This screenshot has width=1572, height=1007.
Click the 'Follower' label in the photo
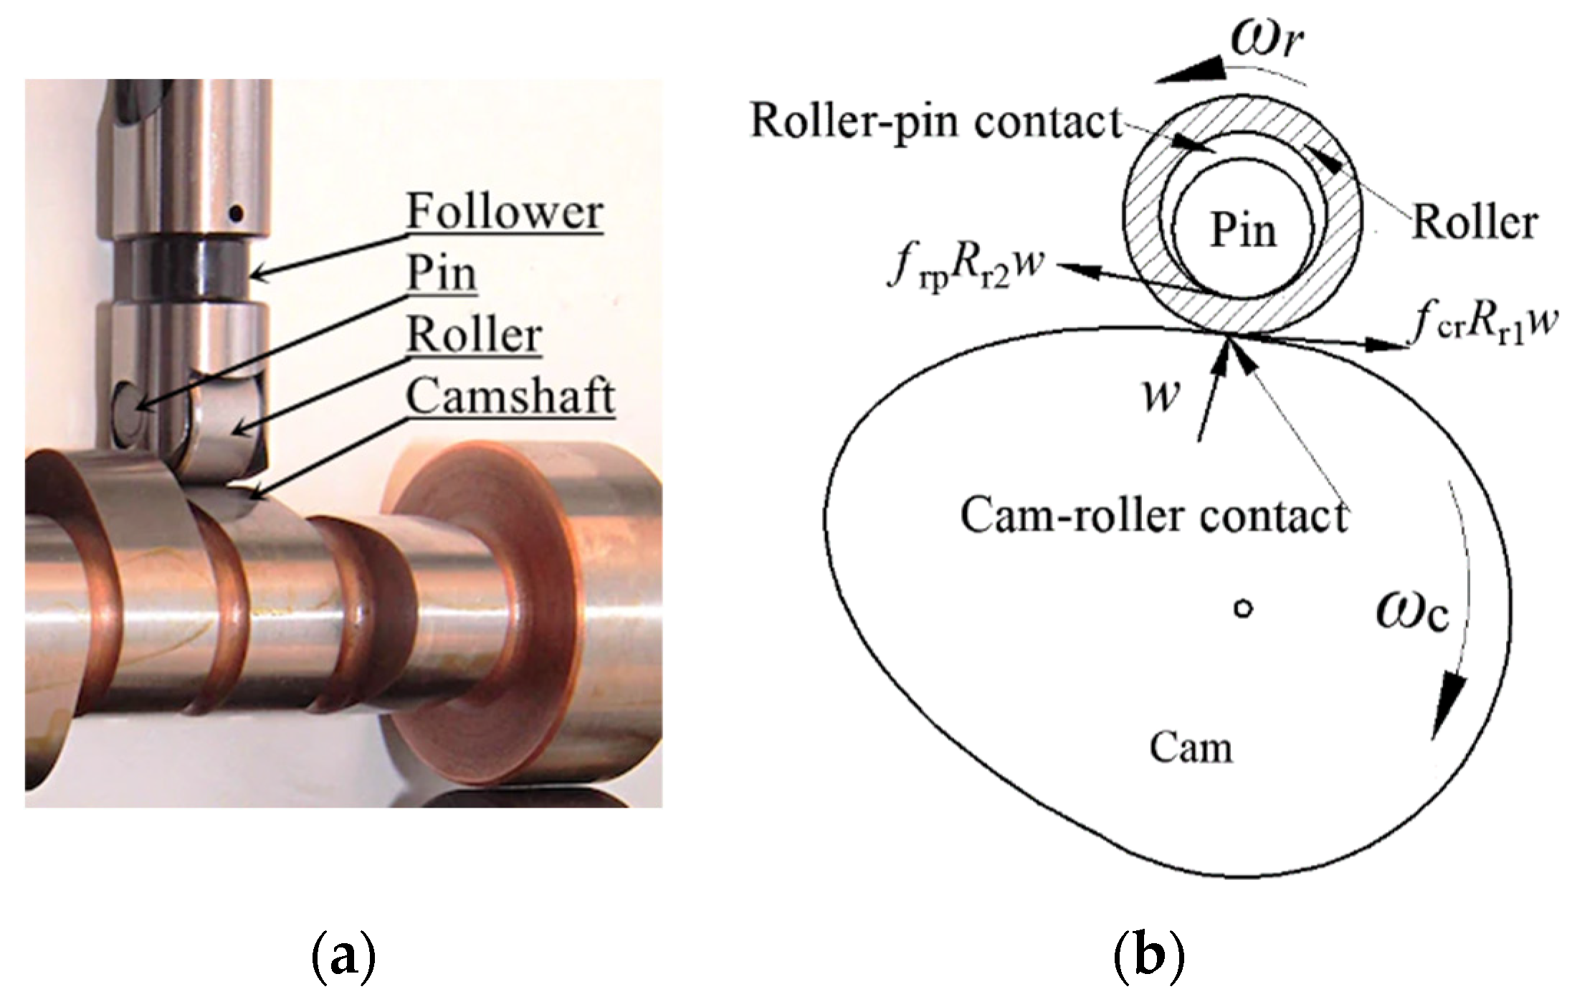[x=505, y=213]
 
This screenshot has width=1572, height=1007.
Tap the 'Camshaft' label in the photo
[x=510, y=397]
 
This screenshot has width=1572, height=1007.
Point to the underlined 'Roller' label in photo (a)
[x=474, y=336]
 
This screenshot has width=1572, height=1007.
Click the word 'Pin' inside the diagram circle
[x=1244, y=231]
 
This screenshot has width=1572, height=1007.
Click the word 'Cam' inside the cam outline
[x=1191, y=747]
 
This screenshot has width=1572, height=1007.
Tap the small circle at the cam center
[x=1244, y=609]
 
